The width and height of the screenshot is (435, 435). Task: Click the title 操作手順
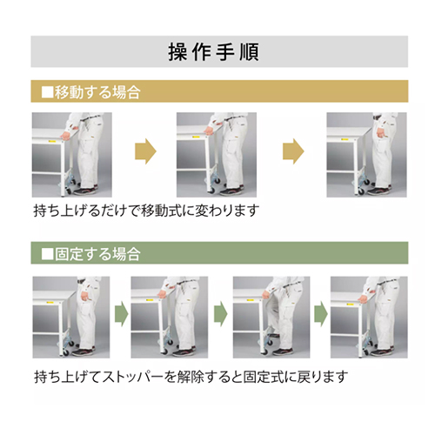point(214,52)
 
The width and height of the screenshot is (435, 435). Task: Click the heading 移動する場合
point(97,92)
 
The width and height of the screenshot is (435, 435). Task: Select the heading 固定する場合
point(97,254)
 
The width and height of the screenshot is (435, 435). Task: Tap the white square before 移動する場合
point(48,92)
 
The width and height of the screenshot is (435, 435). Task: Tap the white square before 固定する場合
point(48,254)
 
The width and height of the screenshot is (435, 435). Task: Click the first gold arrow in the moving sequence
point(145,151)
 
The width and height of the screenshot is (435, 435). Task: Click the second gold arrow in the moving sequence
point(293,151)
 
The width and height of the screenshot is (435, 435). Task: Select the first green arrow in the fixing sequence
point(122,314)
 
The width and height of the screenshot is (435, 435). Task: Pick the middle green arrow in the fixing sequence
point(221,314)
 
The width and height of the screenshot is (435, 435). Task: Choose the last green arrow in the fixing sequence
point(321,314)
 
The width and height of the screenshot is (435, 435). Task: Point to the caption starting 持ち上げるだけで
point(146,211)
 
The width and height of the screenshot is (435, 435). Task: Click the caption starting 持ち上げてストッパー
point(191,377)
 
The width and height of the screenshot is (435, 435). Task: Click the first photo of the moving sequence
point(72,155)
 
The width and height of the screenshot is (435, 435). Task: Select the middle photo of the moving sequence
point(217,155)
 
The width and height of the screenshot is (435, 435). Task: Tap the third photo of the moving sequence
point(366,155)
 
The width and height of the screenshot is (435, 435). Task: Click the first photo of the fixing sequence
point(71,318)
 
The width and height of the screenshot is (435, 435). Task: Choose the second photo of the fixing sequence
point(170,318)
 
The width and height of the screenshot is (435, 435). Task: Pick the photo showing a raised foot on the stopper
point(271,318)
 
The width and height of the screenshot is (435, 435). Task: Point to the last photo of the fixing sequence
point(369,318)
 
